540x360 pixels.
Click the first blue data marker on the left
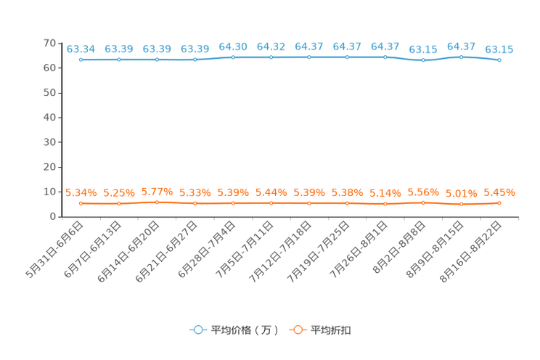(81, 60)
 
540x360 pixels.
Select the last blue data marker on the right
(499, 60)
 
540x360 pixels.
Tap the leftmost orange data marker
(81, 203)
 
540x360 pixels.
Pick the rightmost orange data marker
(499, 203)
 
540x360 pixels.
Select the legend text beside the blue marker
(245, 330)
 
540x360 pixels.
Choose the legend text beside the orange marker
(332, 330)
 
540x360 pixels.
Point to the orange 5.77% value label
(157, 192)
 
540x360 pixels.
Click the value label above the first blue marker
(81, 49)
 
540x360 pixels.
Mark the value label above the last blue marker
(499, 49)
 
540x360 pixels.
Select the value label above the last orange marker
(499, 193)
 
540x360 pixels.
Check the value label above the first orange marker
(81, 193)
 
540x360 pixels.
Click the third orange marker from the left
(157, 202)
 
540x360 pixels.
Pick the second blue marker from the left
(119, 60)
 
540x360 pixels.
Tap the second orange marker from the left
(119, 204)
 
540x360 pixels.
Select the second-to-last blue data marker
(461, 57)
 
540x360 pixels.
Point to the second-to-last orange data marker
(461, 204)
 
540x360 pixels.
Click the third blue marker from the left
(157, 60)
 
